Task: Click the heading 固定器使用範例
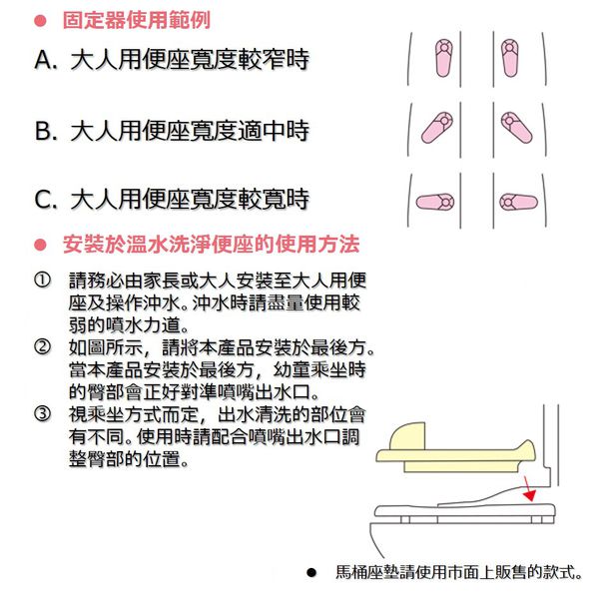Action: (137, 20)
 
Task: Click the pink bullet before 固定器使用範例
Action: (40, 21)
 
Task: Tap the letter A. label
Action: (46, 60)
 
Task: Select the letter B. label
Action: (46, 131)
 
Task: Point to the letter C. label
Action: (46, 199)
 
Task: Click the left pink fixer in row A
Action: (444, 58)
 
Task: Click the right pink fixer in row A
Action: (509, 58)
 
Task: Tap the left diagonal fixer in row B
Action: (437, 128)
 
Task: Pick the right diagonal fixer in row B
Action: (516, 128)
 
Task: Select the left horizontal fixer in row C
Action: (435, 202)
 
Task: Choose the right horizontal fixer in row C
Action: (518, 202)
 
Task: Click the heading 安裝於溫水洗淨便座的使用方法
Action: (212, 245)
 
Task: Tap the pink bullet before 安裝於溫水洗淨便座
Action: (40, 245)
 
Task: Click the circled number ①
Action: (42, 281)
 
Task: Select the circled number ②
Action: (42, 347)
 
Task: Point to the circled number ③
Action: (42, 414)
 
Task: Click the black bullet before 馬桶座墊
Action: (311, 572)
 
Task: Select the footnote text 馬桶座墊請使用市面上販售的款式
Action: (459, 572)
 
